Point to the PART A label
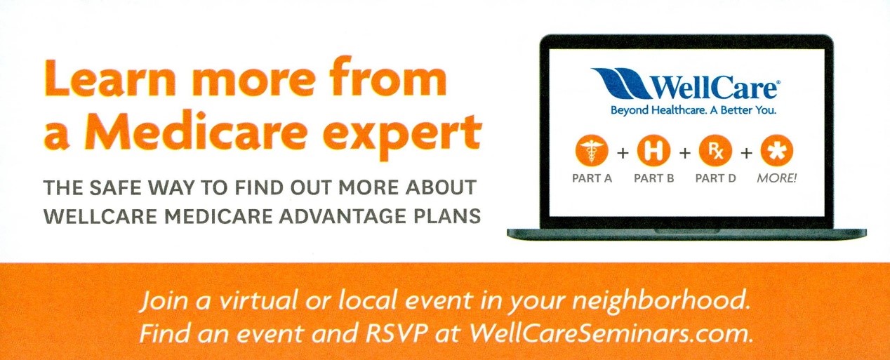point(592,178)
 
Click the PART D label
point(715,178)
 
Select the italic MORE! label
point(776,178)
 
